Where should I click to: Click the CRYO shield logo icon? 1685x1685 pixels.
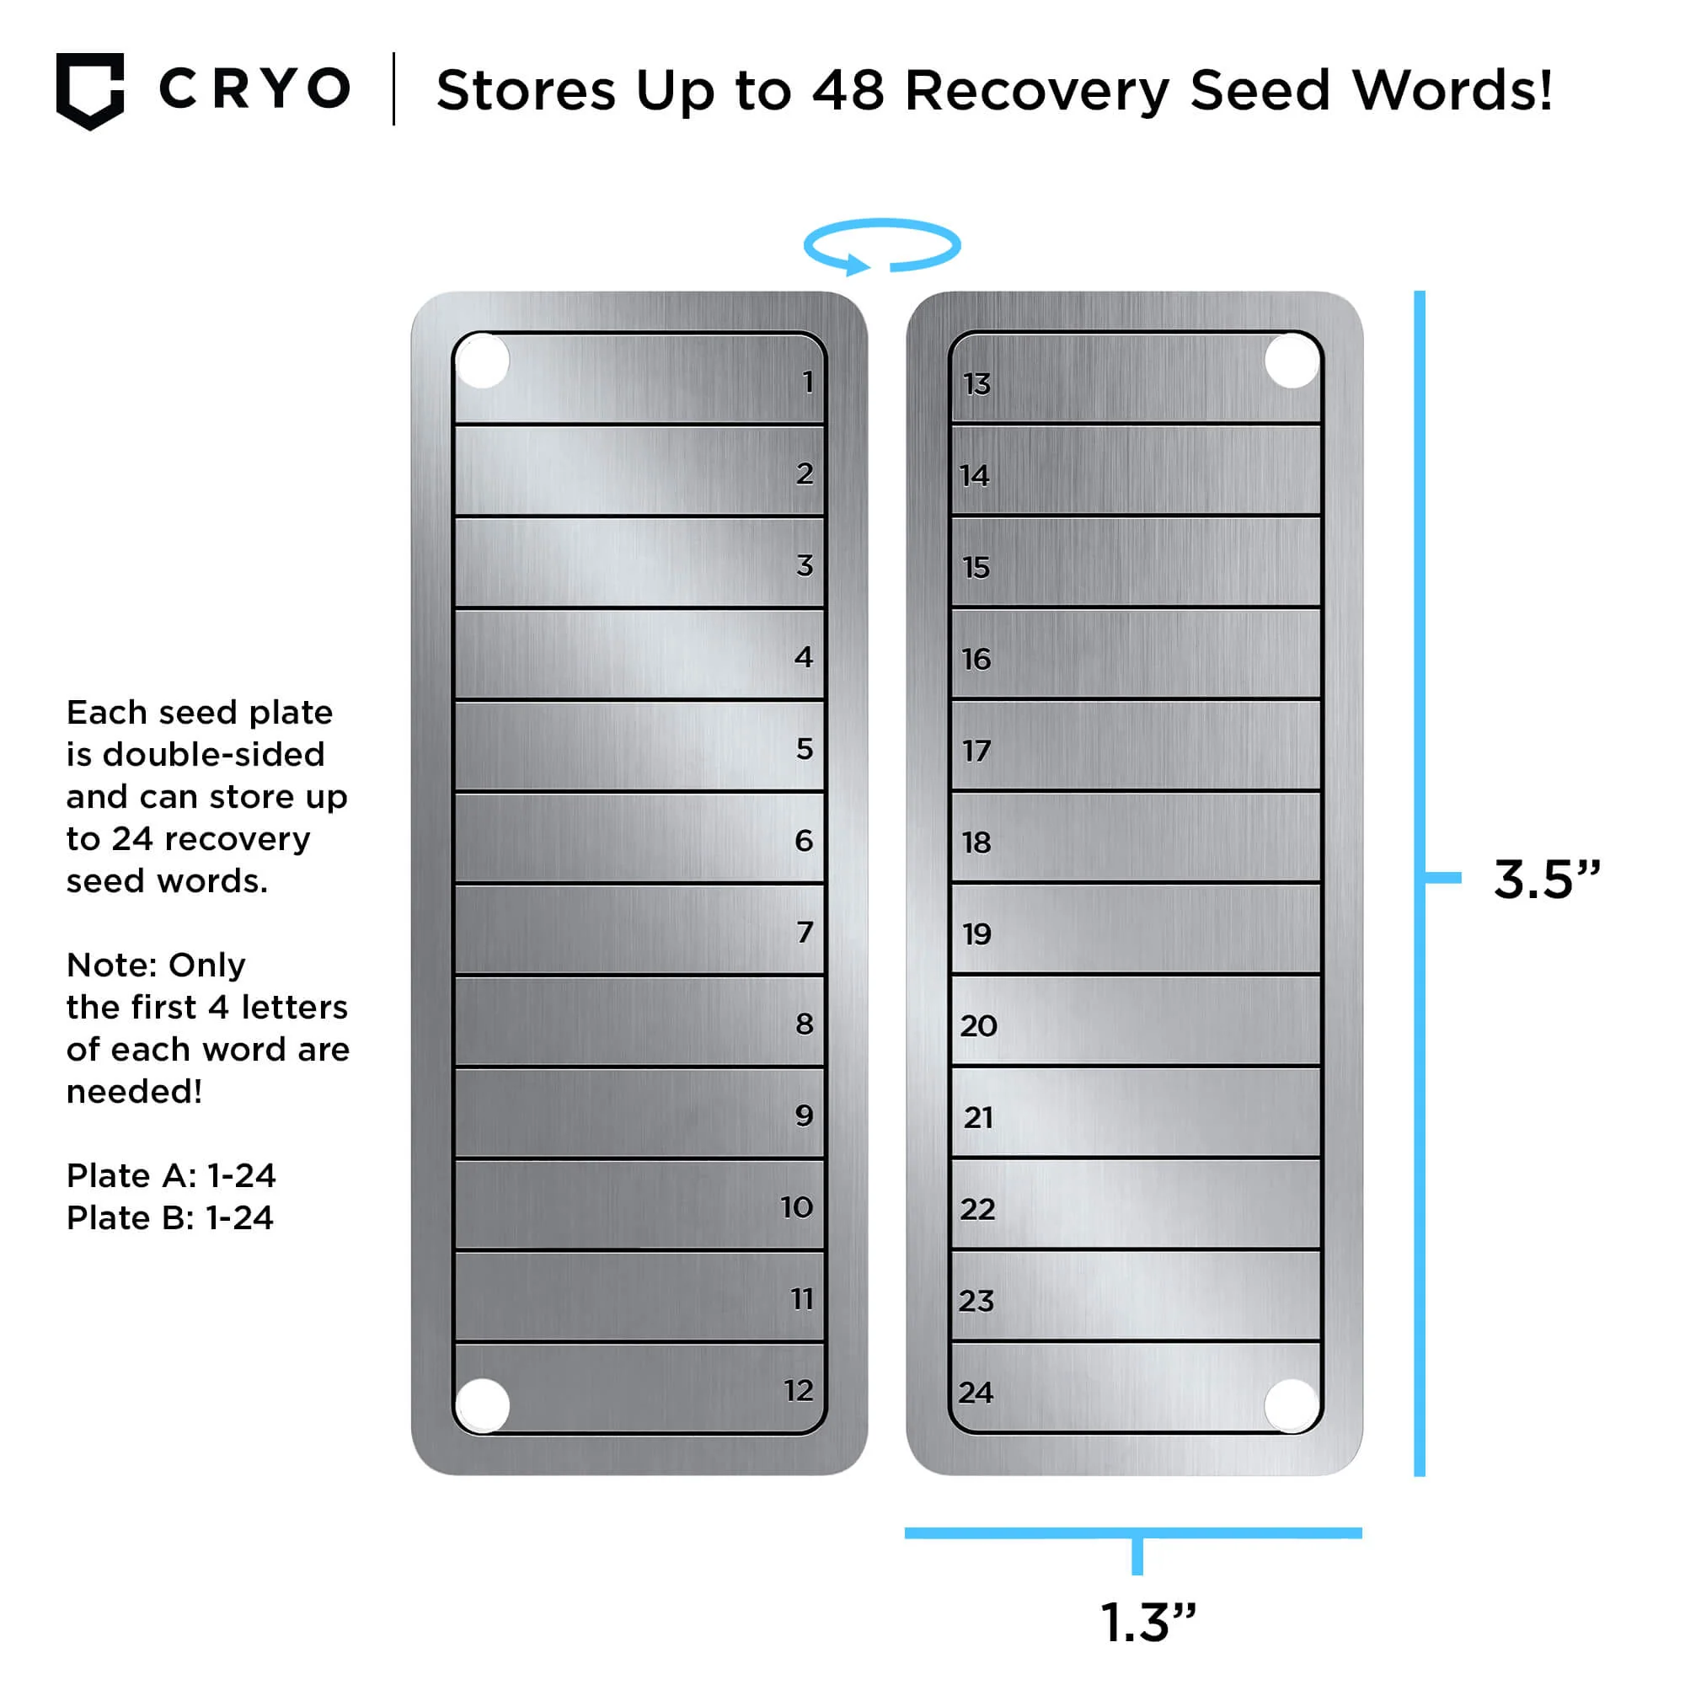point(90,91)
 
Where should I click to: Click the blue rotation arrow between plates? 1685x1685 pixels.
point(882,247)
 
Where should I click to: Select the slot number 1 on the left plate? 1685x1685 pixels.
point(809,382)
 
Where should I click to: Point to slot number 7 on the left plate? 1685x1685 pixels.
point(805,933)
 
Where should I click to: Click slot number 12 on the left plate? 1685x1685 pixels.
point(798,1390)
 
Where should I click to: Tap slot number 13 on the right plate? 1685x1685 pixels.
point(976,383)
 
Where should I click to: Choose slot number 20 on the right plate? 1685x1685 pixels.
point(978,1025)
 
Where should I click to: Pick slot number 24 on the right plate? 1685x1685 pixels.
point(976,1392)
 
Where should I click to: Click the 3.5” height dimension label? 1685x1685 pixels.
point(1548,878)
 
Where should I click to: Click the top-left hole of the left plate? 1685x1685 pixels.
point(482,361)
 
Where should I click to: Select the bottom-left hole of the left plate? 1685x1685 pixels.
point(482,1405)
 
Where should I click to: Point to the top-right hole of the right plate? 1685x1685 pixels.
point(1292,361)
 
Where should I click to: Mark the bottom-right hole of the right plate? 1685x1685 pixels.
point(1292,1405)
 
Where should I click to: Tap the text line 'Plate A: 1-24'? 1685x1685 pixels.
point(171,1175)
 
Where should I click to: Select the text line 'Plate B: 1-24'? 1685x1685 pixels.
point(170,1217)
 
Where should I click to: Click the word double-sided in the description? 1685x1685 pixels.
point(214,754)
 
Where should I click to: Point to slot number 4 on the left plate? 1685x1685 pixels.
point(804,657)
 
